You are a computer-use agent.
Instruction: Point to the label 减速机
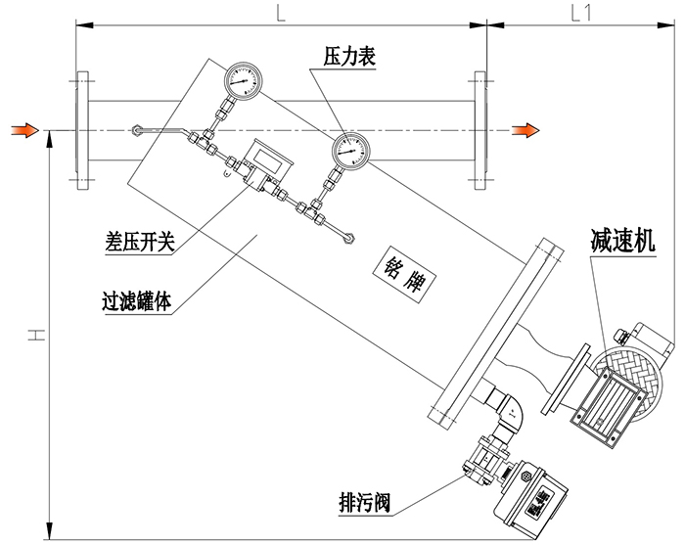(x=622, y=238)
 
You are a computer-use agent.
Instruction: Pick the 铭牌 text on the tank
(x=404, y=267)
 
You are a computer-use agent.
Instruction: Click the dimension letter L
(x=280, y=13)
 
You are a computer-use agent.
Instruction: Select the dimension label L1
(x=581, y=13)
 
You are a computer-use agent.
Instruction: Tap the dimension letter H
(x=35, y=336)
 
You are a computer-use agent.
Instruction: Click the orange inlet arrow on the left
(x=26, y=129)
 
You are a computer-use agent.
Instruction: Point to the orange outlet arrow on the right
(x=528, y=129)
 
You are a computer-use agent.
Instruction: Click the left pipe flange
(x=80, y=128)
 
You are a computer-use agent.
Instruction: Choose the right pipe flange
(x=479, y=128)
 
